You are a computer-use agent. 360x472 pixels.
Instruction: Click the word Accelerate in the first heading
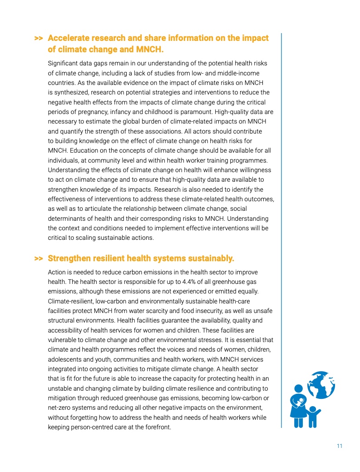[x=71, y=38]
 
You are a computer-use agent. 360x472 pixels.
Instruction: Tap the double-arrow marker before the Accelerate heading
[x=39, y=38]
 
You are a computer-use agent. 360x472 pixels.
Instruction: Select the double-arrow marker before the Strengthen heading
[x=39, y=259]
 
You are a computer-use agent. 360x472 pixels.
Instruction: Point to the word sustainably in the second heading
[x=208, y=259]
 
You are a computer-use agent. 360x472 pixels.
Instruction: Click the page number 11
[x=339, y=446]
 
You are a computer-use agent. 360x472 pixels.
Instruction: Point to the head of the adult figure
[x=298, y=389]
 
